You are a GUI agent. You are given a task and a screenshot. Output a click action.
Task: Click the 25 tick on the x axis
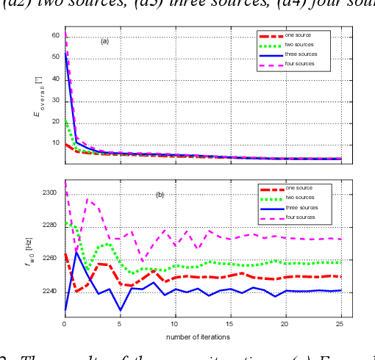(x=341, y=324)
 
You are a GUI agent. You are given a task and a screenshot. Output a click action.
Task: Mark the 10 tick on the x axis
(x=175, y=324)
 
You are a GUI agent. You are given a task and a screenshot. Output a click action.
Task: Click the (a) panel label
(x=104, y=41)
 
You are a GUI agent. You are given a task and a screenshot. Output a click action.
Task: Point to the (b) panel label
(x=159, y=195)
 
